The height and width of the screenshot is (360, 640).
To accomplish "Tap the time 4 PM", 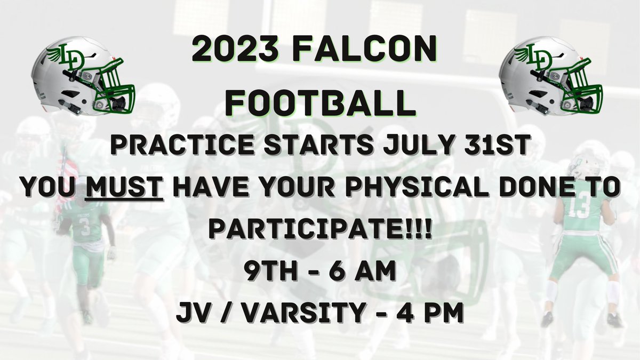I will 435,313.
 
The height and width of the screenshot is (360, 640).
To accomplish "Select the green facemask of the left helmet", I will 114,91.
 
